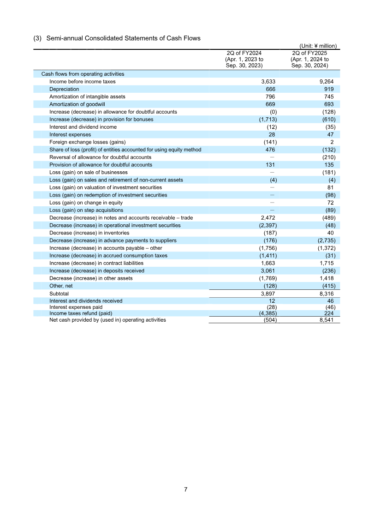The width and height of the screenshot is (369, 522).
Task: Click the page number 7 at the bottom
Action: coord(185,489)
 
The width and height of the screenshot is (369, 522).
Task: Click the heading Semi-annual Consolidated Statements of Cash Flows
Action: coord(123,38)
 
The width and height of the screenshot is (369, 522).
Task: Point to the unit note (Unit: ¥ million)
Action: coord(318,46)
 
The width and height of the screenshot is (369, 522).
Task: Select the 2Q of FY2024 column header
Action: coord(244,60)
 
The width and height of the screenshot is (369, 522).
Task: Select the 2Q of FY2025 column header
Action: coord(309,60)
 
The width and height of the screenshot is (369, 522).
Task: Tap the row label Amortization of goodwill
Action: coord(74,104)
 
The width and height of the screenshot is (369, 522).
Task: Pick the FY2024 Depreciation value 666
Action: coord(271,89)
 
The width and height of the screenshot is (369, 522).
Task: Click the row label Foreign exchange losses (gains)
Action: coord(87,142)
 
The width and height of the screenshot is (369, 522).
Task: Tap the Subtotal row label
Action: coord(59,294)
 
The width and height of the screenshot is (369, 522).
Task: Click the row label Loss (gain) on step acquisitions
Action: coord(86,210)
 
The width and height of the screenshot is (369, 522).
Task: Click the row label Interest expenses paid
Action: coord(76,307)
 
